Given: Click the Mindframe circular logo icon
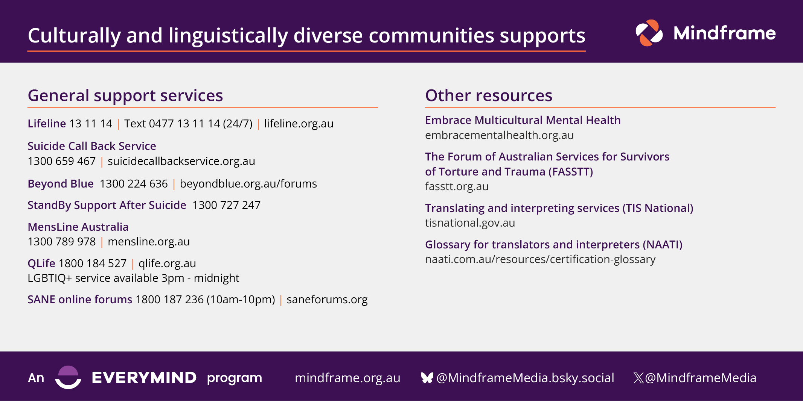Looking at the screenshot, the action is point(649,33).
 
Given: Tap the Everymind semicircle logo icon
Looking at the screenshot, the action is point(68,377).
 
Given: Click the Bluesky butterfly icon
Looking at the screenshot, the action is point(427,378).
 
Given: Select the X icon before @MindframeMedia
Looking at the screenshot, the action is point(638,378).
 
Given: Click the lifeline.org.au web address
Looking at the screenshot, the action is point(299,124).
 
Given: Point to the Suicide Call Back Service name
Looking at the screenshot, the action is point(92,146).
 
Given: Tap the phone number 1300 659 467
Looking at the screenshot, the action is point(62,161).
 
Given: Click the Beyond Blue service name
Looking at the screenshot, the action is point(61,184).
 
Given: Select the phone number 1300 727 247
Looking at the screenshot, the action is point(226,205).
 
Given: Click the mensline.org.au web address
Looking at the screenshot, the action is point(149,242).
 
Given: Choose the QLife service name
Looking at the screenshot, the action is point(41,263).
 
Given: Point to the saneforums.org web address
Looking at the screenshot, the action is point(327,300).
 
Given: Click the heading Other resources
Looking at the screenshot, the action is point(489,95).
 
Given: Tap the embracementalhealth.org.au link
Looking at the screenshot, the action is point(499,135).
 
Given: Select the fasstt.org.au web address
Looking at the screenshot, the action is point(457,186).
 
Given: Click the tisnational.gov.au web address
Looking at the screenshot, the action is point(470,223).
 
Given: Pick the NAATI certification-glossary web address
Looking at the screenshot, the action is point(540,259).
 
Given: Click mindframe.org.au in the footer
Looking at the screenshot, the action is point(347,378).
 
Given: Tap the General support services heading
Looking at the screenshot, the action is point(125,95).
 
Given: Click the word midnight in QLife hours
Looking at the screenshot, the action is point(216,278).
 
